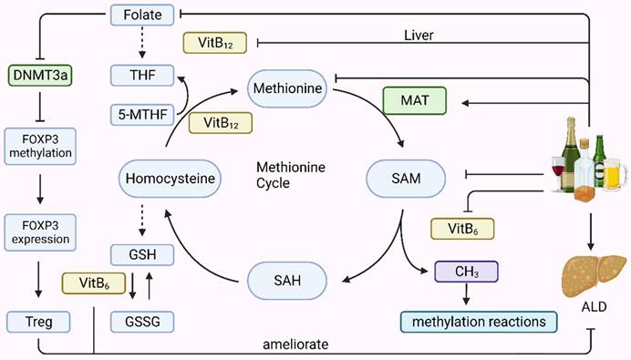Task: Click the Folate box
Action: point(136,14)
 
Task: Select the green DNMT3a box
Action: point(34,74)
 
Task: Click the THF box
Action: point(136,74)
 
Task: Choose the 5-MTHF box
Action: point(136,116)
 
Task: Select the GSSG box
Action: point(136,321)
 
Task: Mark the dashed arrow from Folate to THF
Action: point(136,43)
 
